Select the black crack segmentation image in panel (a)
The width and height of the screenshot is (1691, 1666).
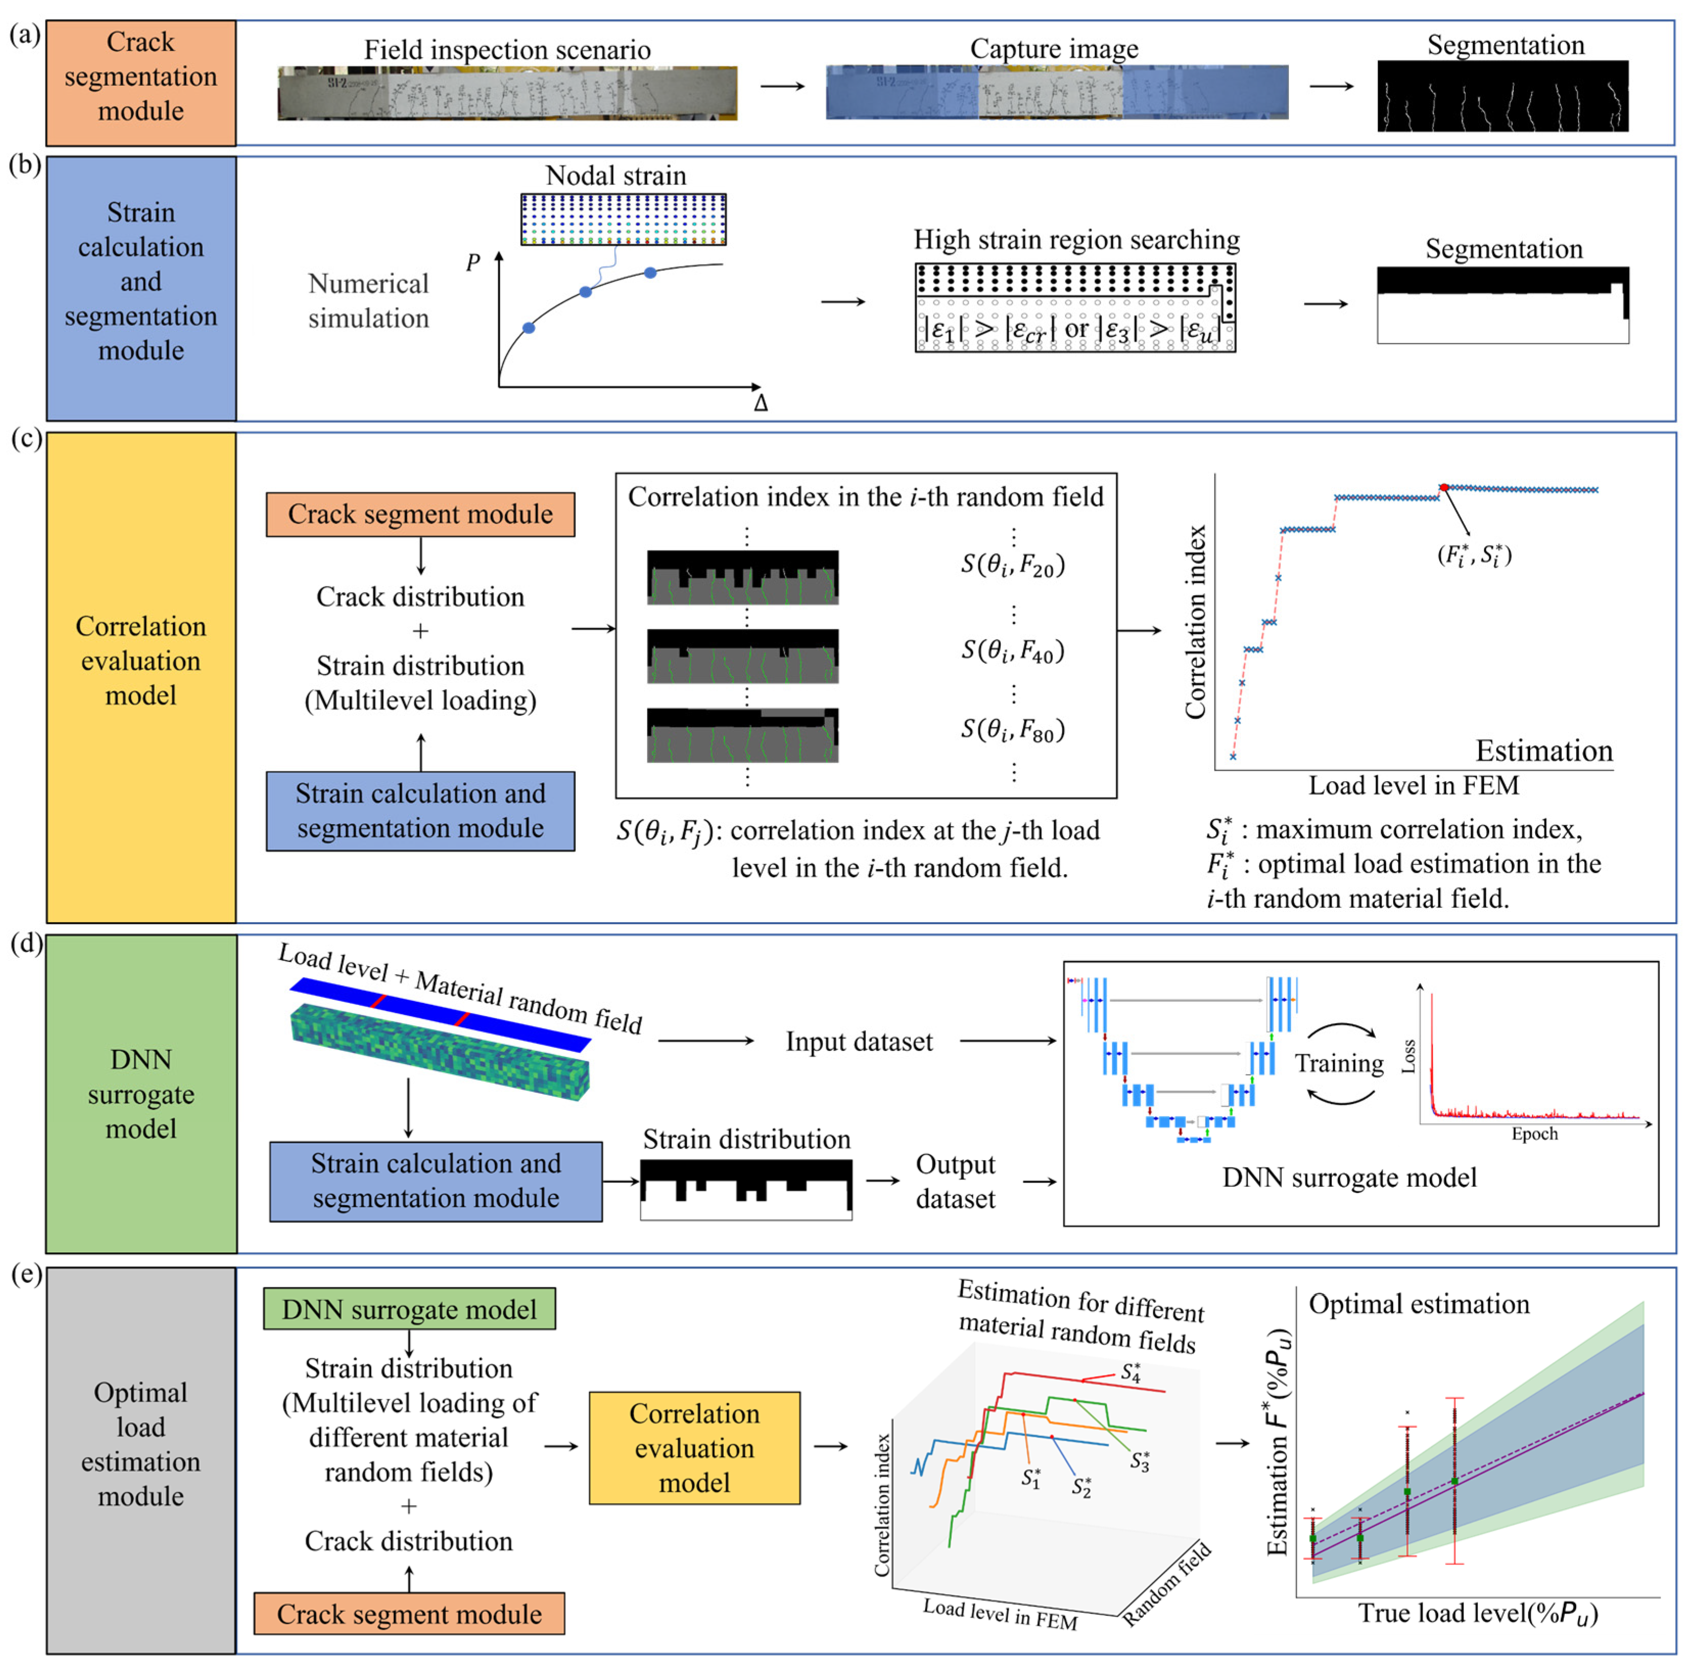1502,96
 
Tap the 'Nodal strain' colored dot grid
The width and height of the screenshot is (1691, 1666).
623,219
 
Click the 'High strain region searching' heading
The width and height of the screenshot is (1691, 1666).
1076,240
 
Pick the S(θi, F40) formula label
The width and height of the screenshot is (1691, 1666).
1012,651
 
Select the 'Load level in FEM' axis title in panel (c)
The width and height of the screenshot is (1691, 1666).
1413,785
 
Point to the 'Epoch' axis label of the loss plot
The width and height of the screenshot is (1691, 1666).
1534,1134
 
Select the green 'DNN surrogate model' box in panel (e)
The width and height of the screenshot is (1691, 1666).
409,1309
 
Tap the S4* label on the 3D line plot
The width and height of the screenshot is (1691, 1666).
1130,1371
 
